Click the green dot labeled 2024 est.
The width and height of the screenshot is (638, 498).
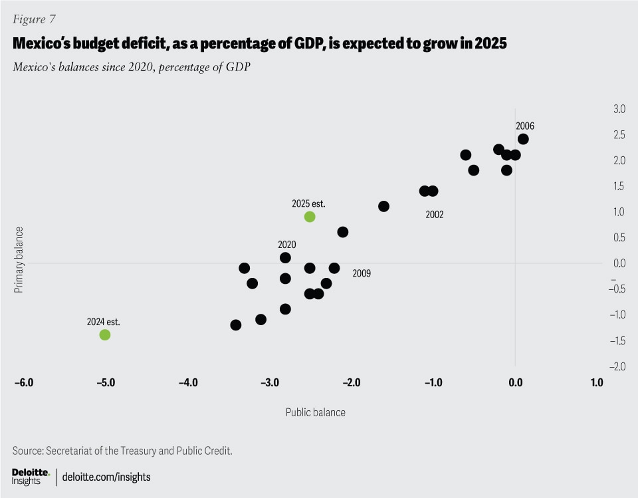(x=104, y=334)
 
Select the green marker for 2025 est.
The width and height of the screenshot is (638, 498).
(x=309, y=217)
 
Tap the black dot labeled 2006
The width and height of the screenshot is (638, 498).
(x=523, y=139)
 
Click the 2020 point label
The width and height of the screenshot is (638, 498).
(x=287, y=244)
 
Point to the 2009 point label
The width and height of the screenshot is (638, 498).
(x=362, y=273)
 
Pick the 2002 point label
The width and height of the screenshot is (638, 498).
(x=434, y=215)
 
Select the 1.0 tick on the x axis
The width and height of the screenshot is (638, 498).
(x=596, y=383)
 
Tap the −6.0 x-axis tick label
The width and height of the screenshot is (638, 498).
(x=23, y=383)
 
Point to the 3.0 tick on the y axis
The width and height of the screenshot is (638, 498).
(x=619, y=108)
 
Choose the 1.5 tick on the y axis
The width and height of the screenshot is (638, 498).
(x=619, y=186)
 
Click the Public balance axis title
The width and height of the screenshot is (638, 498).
(x=316, y=412)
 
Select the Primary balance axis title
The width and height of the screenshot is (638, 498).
(x=19, y=260)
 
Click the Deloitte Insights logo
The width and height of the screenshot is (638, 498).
(x=31, y=476)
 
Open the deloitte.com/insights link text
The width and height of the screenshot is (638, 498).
(x=106, y=477)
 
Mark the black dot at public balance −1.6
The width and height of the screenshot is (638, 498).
(x=383, y=206)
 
